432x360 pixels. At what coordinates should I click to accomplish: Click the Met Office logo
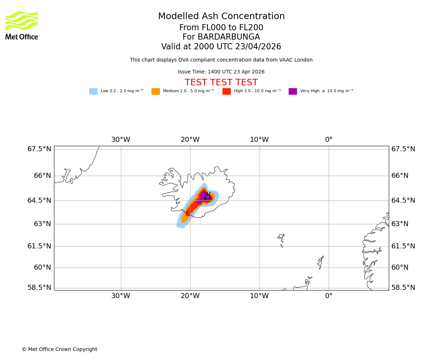[22, 25]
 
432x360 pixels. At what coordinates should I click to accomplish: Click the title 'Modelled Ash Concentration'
[221, 17]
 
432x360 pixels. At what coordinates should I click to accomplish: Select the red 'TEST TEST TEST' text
[221, 82]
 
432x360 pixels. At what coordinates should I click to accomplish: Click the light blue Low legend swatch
[93, 91]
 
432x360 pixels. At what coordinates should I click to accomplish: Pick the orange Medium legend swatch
[156, 91]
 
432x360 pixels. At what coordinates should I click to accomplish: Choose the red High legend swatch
[226, 91]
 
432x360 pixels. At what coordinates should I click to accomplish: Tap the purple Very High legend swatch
[293, 91]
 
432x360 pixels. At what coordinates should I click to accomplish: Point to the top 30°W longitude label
[121, 140]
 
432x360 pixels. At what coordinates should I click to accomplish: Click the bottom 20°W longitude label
[190, 296]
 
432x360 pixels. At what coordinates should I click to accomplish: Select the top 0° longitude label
[329, 140]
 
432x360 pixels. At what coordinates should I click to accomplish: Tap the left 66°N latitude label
[39, 176]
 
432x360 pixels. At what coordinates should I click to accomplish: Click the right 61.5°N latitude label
[403, 246]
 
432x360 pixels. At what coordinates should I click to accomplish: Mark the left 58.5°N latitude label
[39, 288]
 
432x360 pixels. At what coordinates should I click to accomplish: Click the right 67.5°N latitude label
[403, 149]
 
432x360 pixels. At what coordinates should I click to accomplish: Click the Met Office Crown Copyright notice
[59, 349]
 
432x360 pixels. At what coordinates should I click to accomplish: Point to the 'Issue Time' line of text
[221, 72]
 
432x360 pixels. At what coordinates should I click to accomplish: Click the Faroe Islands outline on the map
[281, 239]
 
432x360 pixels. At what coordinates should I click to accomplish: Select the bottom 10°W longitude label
[259, 296]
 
